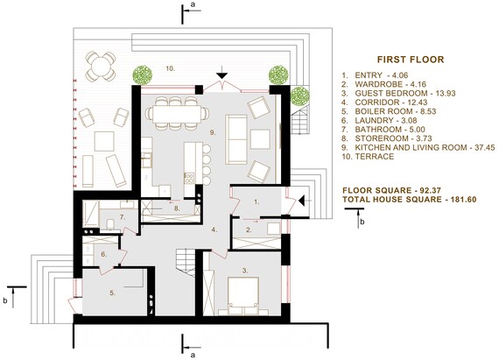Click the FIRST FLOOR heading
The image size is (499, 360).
[x=411, y=60]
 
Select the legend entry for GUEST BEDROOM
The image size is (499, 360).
[x=398, y=93]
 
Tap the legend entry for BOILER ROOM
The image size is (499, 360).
[x=389, y=111]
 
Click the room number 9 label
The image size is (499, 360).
[x=213, y=133]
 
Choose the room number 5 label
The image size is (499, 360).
[x=113, y=293]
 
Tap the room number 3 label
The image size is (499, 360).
[x=245, y=271]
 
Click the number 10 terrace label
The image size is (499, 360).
[x=170, y=68]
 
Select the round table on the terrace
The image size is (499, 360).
[x=101, y=67]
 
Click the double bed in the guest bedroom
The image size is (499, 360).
[x=242, y=296]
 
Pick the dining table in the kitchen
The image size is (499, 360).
[x=177, y=114]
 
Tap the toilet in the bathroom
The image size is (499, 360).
[x=111, y=223]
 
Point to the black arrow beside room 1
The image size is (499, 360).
[x=302, y=201]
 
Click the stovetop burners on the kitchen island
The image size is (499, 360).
[x=190, y=179]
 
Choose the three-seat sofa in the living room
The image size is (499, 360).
[x=236, y=139]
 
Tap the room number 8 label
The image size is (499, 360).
[x=177, y=208]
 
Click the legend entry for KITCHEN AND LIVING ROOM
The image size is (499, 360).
[x=418, y=147]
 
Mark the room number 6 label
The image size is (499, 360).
[x=104, y=254]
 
